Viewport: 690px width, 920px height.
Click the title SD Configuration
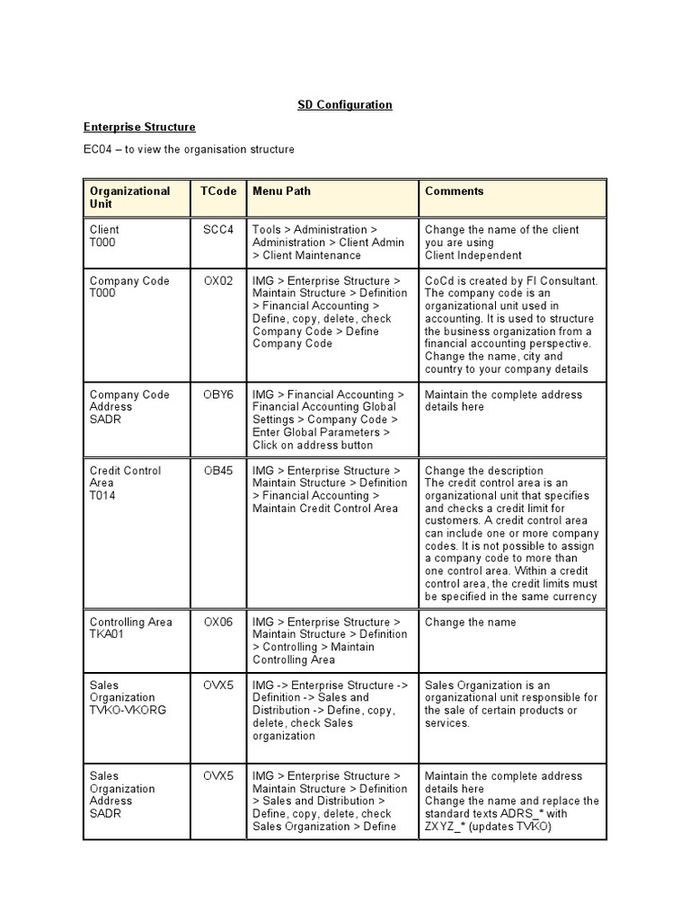[x=345, y=105]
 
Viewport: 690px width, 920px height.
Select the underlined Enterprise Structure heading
[x=139, y=128]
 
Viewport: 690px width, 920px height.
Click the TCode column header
[x=217, y=191]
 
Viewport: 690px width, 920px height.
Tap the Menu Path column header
[x=281, y=191]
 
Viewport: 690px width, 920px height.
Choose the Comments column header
[x=454, y=191]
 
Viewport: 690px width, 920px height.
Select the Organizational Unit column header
[x=129, y=198]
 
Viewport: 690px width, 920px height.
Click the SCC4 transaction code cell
[x=217, y=230]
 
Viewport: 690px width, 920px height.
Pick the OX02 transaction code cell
[x=217, y=281]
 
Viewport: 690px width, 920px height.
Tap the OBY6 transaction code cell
[x=217, y=395]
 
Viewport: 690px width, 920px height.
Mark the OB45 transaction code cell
[x=217, y=471]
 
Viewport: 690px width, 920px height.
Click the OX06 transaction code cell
[x=217, y=622]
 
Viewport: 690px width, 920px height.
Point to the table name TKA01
[x=106, y=634]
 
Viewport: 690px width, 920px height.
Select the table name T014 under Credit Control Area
[x=102, y=496]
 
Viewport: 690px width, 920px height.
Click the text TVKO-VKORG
[x=128, y=710]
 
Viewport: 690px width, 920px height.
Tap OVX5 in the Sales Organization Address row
[x=217, y=776]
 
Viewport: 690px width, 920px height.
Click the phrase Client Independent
[x=473, y=255]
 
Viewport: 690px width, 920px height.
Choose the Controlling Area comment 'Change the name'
[x=471, y=622]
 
